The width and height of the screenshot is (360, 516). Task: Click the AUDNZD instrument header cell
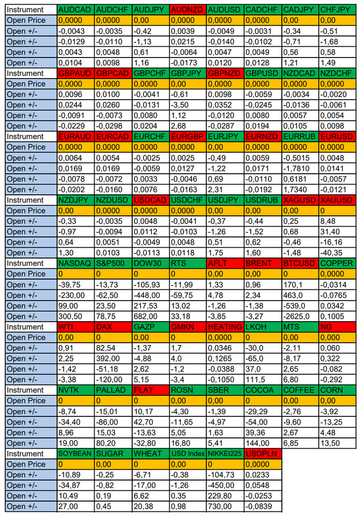[x=188, y=10]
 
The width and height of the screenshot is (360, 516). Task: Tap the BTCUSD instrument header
[x=300, y=263]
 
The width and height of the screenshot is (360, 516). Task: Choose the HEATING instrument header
[x=225, y=327]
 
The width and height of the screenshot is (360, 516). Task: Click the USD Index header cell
[x=188, y=453]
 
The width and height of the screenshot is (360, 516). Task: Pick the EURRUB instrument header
[x=300, y=137]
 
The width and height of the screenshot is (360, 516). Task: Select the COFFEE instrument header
[x=300, y=390]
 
